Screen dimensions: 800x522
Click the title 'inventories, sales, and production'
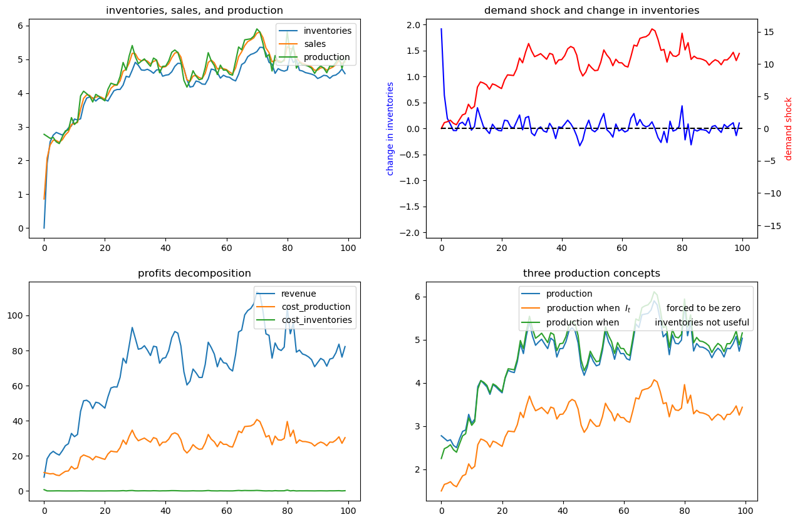194,11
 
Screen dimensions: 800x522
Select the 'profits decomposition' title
194,274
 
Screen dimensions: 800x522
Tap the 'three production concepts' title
591,274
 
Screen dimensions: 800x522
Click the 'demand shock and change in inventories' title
591,11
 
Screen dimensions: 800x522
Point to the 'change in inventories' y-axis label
390,129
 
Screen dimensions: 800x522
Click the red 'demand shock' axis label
788,129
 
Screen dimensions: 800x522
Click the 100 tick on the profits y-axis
15,316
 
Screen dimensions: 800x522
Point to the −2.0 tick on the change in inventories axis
411,233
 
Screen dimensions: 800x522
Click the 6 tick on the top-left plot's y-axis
20,26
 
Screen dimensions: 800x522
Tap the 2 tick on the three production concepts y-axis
417,470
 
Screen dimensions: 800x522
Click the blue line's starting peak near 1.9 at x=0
442,29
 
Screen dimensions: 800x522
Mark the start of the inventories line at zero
44,228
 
